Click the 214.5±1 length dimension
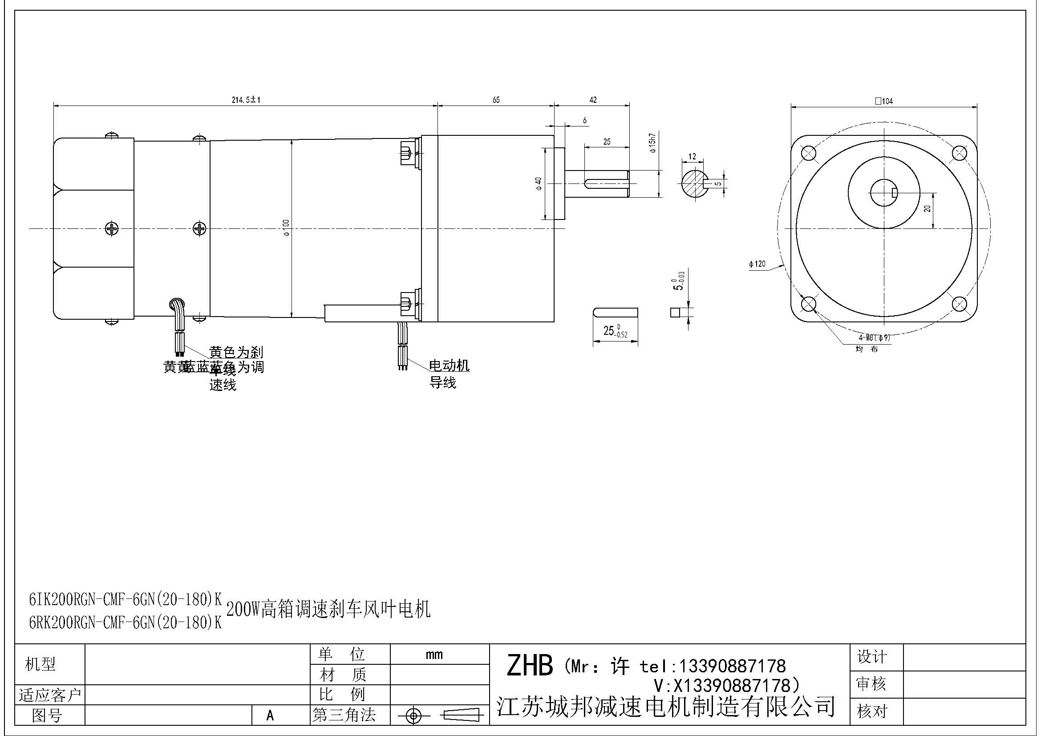point(246,100)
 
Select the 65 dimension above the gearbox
point(495,100)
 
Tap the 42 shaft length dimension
point(592,100)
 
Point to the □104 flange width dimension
point(884,101)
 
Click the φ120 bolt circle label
point(757,264)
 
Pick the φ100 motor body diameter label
point(286,228)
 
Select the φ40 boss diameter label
point(539,183)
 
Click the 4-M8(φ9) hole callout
point(874,338)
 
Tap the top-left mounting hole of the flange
point(808,154)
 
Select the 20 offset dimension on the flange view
point(928,209)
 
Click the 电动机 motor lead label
point(449,366)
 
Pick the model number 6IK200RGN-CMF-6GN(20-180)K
point(125,600)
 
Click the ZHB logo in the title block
point(529,666)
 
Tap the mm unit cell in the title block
point(434,655)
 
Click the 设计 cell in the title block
point(871,657)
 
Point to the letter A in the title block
point(270,715)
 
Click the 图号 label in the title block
point(47,715)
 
